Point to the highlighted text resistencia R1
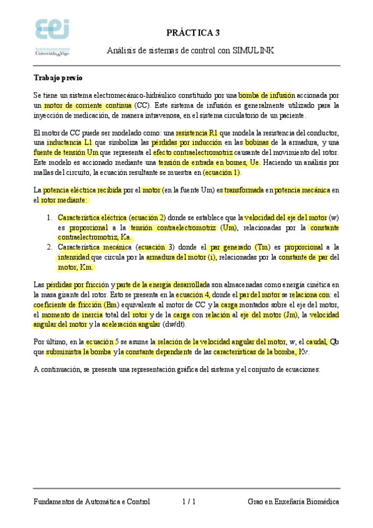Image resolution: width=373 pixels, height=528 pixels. [x=197, y=133]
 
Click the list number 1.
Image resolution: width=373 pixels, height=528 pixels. [x=49, y=218]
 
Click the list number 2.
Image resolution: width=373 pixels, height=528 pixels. [x=49, y=247]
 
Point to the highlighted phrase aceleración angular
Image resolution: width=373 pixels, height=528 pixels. [x=131, y=324]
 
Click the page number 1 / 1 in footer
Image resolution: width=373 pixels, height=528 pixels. [x=190, y=501]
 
